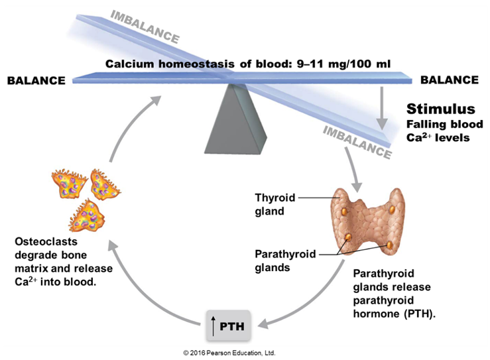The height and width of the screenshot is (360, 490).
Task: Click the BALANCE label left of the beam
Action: point(36,81)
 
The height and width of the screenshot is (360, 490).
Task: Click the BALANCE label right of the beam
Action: point(449,80)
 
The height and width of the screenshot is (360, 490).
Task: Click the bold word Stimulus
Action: point(440,109)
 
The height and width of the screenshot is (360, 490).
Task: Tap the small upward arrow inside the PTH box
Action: point(214,325)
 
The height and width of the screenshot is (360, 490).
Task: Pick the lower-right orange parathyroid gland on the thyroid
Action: point(389,246)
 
